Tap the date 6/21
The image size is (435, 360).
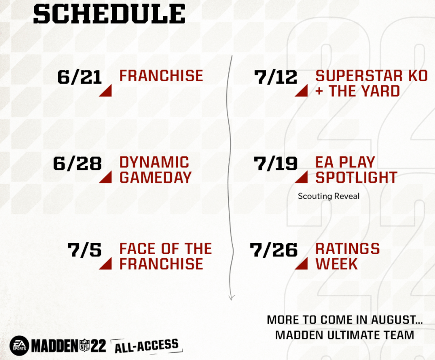(80, 77)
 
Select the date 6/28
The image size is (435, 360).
(77, 163)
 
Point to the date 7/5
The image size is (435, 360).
(84, 250)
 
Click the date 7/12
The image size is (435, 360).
(276, 77)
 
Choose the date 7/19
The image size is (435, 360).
(276, 163)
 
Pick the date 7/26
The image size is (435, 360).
(274, 250)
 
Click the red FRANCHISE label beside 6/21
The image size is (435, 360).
(161, 76)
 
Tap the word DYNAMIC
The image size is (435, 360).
(154, 162)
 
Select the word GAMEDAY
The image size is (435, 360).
(156, 177)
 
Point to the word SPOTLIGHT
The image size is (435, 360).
(356, 177)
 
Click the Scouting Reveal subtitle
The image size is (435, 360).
(328, 196)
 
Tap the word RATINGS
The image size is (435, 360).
(347, 249)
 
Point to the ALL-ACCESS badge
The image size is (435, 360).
(147, 345)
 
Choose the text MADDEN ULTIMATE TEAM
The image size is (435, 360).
(345, 335)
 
